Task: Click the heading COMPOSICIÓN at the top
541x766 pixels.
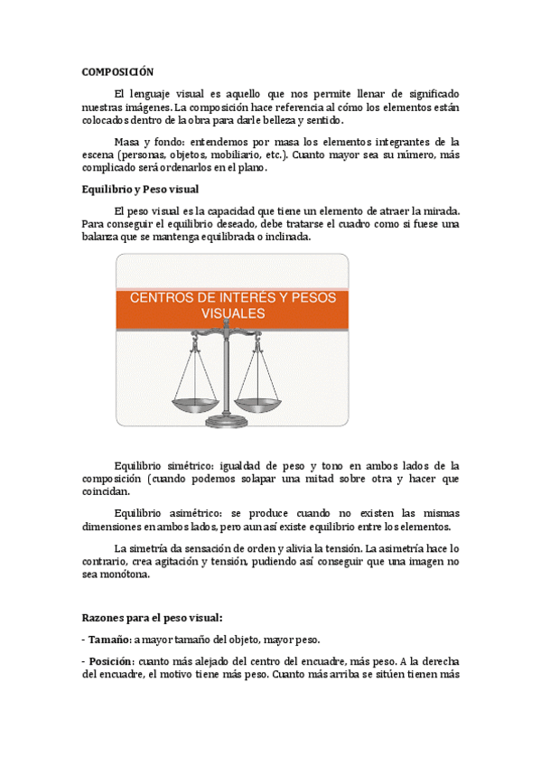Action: tap(117, 71)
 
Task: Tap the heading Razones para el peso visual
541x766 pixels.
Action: tap(152, 618)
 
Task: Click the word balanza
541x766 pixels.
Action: tap(105, 237)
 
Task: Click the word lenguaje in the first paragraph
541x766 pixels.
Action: tap(158, 95)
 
